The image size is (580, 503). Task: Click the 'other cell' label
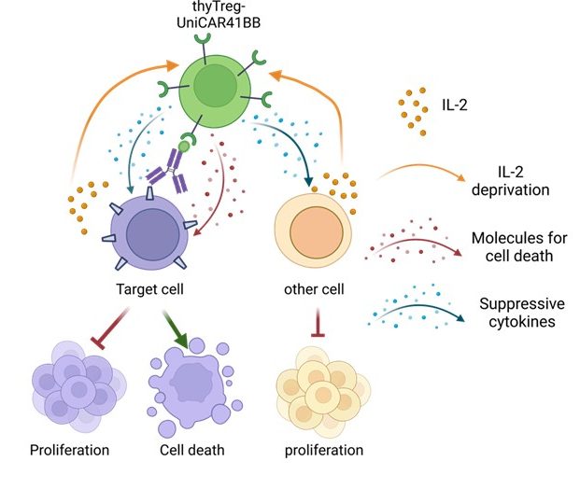pyautogui.click(x=314, y=289)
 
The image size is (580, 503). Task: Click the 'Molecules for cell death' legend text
pyautogui.click(x=519, y=246)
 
